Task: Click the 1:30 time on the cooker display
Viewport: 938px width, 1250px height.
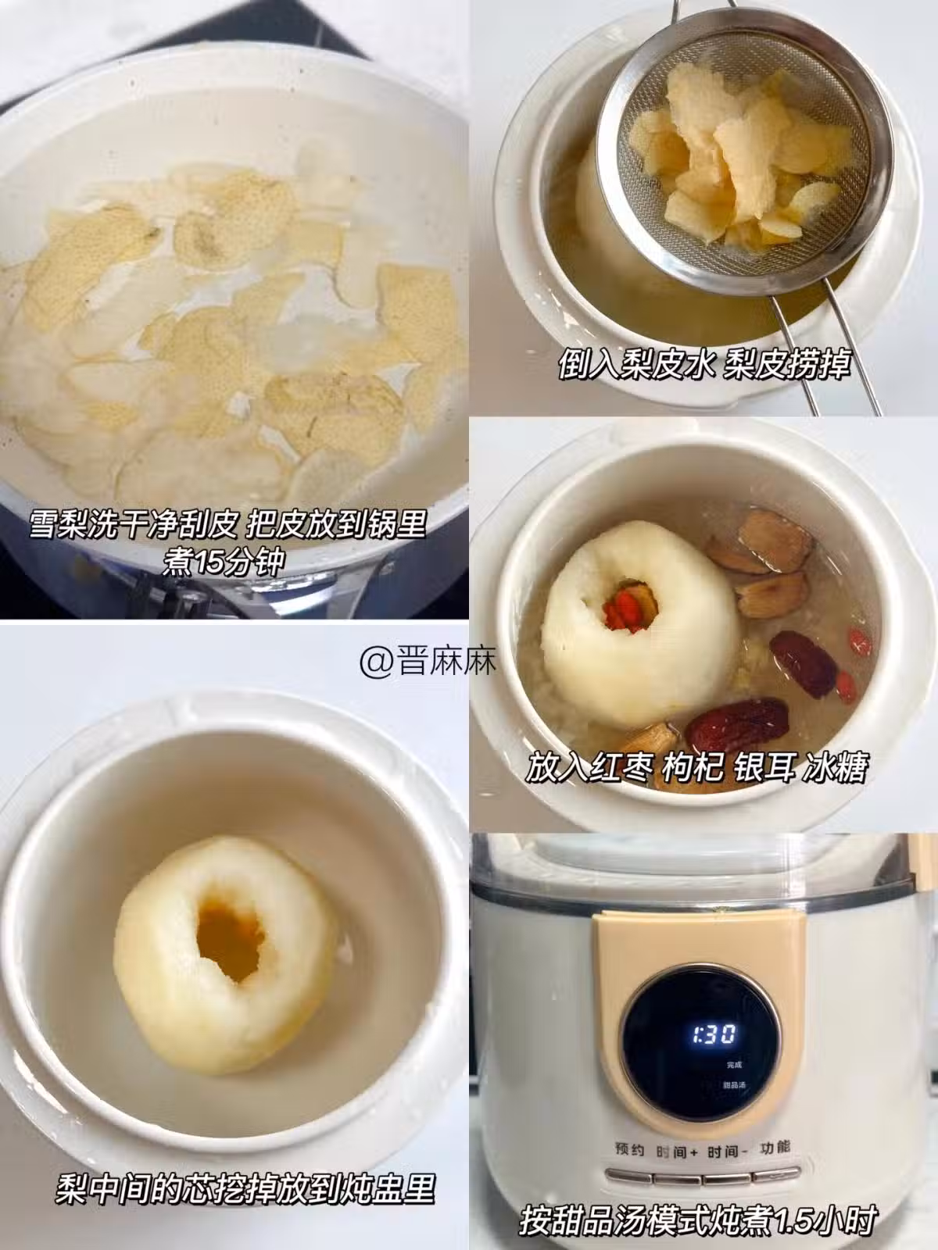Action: pyautogui.click(x=714, y=1034)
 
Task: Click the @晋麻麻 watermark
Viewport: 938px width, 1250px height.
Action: pyautogui.click(x=428, y=661)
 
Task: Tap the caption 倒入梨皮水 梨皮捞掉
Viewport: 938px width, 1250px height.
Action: pyautogui.click(x=704, y=363)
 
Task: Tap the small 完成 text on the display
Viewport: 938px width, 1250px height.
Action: pyautogui.click(x=734, y=1064)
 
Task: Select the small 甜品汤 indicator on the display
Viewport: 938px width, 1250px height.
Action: pyautogui.click(x=734, y=1085)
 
